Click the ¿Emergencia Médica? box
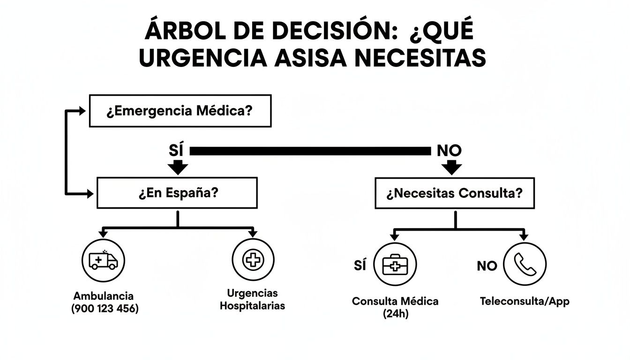pyautogui.click(x=180, y=111)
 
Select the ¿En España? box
pyautogui.click(x=177, y=193)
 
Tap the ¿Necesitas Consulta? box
pyautogui.click(x=454, y=193)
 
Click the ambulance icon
pyautogui.click(x=103, y=260)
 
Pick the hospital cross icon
pyautogui.click(x=253, y=260)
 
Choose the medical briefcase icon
pyautogui.click(x=395, y=265)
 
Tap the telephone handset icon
pyautogui.click(x=525, y=264)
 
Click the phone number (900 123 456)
pyautogui.click(x=105, y=309)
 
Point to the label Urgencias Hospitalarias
pyautogui.click(x=252, y=300)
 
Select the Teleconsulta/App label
pyautogui.click(x=525, y=301)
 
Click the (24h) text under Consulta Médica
pyautogui.click(x=396, y=314)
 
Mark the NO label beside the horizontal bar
pyautogui.click(x=449, y=150)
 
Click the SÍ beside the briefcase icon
pyautogui.click(x=360, y=265)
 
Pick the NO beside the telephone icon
pyautogui.click(x=487, y=266)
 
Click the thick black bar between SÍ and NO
pyautogui.click(x=309, y=150)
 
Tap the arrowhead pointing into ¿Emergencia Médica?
pyautogui.click(x=82, y=111)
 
